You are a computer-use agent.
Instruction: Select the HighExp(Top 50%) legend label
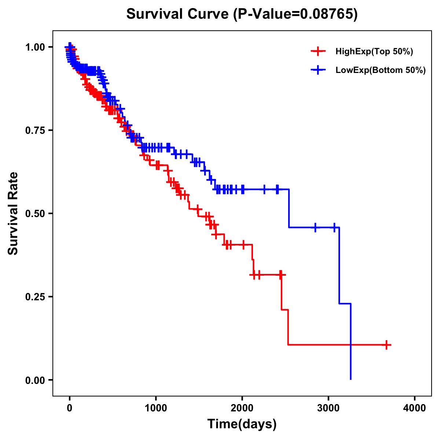click(x=374, y=52)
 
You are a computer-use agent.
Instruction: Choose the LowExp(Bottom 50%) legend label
click(x=381, y=70)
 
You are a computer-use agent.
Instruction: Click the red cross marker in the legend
click(x=318, y=51)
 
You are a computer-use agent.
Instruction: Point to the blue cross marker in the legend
click(x=318, y=70)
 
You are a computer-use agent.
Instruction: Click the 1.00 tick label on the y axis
click(x=35, y=47)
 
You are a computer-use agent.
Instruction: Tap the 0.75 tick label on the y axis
click(x=35, y=130)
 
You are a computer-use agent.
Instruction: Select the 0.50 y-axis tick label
click(x=35, y=213)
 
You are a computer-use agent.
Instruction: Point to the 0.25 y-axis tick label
click(x=35, y=297)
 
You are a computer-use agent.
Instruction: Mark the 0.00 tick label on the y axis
click(x=35, y=380)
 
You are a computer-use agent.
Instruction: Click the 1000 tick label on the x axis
click(x=156, y=408)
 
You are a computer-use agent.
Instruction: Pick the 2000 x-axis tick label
click(x=242, y=408)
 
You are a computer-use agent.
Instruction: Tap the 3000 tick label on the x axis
click(x=329, y=408)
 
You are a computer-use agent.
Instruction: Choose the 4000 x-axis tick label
click(x=415, y=408)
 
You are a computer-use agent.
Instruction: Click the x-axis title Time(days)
click(x=242, y=424)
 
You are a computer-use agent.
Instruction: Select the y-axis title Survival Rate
click(x=13, y=213)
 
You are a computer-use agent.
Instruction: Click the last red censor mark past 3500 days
click(x=386, y=345)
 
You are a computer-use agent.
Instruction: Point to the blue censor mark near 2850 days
click(x=315, y=227)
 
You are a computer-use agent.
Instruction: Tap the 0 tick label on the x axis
click(x=70, y=408)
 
